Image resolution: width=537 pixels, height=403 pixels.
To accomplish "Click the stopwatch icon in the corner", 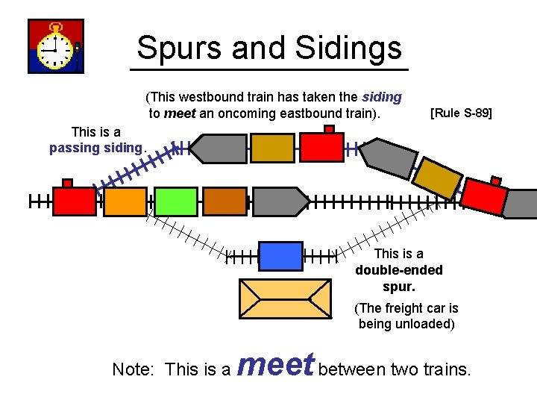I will pyautogui.click(x=55, y=46).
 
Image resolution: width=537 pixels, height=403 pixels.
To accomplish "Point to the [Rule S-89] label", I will pyautogui.click(x=462, y=113).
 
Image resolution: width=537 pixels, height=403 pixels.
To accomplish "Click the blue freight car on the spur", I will pyautogui.click(x=280, y=256).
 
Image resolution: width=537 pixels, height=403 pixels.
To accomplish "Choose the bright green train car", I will pyautogui.click(x=175, y=201).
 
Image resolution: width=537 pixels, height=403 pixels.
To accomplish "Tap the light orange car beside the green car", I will pyautogui.click(x=125, y=201).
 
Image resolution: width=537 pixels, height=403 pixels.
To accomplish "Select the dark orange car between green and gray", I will pyautogui.click(x=224, y=201).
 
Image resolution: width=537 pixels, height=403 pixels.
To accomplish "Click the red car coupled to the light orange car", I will pyautogui.click(x=75, y=201).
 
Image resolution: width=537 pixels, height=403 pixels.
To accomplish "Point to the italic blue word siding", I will pyautogui.click(x=381, y=97).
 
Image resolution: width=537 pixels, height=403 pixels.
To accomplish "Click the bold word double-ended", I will pyautogui.click(x=398, y=270).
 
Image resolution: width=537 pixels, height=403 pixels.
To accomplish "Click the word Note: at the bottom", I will pyautogui.click(x=136, y=369).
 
